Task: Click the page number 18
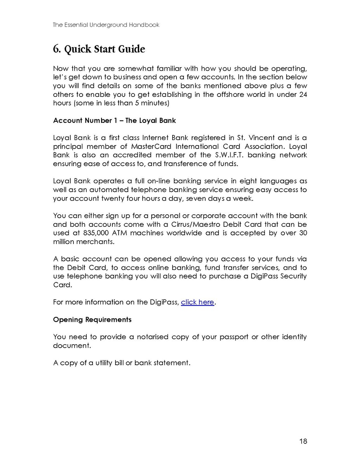click(x=303, y=441)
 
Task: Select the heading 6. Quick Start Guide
click(x=99, y=50)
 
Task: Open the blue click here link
click(x=197, y=302)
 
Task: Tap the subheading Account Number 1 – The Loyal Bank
click(x=114, y=121)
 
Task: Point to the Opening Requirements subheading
click(x=92, y=320)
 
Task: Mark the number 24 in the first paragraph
click(x=303, y=95)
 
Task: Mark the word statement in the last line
click(x=173, y=363)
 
